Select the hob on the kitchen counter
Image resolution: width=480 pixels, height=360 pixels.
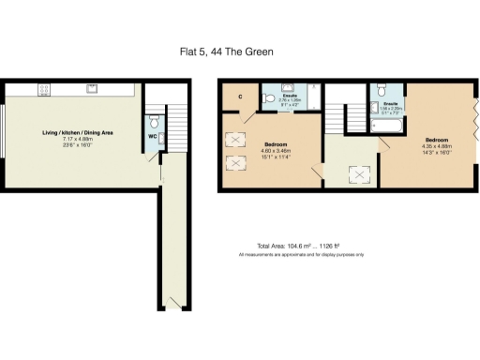(x=44, y=89)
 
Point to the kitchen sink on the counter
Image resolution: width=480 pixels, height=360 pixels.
(x=92, y=89)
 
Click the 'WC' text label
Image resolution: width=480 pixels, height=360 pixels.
(x=152, y=137)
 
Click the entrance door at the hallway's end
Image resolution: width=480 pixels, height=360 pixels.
(x=172, y=302)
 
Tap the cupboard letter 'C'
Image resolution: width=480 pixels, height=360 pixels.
(x=239, y=97)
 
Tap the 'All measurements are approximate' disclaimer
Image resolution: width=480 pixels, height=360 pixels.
(x=300, y=254)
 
